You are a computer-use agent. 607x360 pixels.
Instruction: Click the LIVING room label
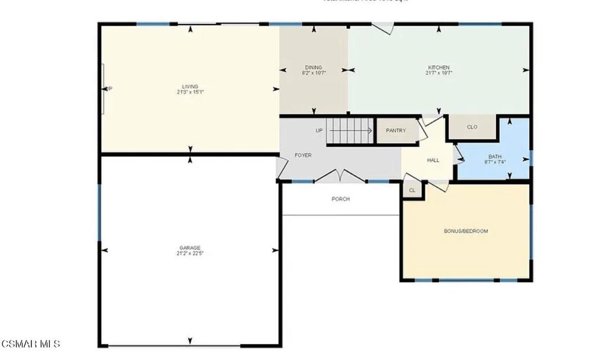click(x=190, y=87)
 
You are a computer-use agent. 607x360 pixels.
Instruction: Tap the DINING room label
click(x=314, y=68)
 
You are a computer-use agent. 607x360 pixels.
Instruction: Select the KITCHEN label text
click(x=439, y=68)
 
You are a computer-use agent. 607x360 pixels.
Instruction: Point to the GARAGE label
click(x=190, y=248)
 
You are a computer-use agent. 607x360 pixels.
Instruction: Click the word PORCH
click(x=340, y=199)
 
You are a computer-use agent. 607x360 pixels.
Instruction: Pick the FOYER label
click(x=303, y=155)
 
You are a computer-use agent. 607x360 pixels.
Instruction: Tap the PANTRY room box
click(x=395, y=130)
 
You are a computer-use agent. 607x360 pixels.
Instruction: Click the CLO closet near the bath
click(x=472, y=127)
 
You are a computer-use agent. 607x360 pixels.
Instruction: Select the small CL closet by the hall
click(x=412, y=190)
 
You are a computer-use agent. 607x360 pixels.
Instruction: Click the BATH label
click(x=494, y=157)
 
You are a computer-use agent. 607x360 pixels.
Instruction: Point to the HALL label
click(x=433, y=160)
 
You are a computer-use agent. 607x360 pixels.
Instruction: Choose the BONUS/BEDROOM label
click(x=466, y=231)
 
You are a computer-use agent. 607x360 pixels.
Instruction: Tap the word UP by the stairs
click(x=319, y=130)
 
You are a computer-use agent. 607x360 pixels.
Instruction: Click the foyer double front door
click(x=338, y=176)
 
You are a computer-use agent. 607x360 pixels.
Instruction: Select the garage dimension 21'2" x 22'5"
click(x=190, y=253)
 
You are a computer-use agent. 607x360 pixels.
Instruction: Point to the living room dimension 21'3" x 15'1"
click(x=190, y=92)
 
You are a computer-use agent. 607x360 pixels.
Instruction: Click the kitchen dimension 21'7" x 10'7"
click(x=439, y=73)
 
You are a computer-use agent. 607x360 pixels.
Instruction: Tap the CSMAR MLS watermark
click(x=31, y=344)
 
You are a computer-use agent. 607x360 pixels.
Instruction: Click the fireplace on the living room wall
click(x=104, y=88)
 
